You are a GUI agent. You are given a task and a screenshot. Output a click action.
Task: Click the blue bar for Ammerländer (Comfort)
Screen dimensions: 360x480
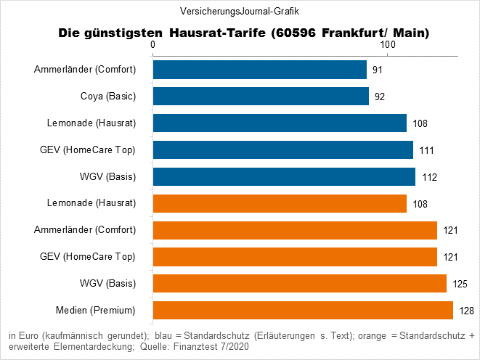coord(259,70)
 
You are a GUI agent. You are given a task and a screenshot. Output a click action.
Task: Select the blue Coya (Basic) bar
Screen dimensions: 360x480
coord(261,97)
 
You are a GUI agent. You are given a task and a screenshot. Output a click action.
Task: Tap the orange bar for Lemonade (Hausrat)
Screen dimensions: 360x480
coord(280,203)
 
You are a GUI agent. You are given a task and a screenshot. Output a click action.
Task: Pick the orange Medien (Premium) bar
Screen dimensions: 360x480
coord(303,311)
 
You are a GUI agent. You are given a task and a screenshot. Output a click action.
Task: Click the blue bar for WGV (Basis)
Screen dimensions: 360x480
coord(284,176)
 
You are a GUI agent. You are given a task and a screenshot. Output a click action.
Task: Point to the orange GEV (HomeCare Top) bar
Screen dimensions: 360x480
coord(295,257)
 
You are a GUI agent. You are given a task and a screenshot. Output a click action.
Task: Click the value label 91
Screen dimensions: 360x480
coord(378,70)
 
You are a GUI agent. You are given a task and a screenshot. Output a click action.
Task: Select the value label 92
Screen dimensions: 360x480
coord(380,97)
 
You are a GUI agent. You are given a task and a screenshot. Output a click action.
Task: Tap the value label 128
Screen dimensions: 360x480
coord(465,311)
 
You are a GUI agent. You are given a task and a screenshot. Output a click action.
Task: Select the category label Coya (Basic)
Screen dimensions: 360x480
coord(107,97)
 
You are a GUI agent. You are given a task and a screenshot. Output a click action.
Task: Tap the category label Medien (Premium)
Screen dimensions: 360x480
coord(96,311)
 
